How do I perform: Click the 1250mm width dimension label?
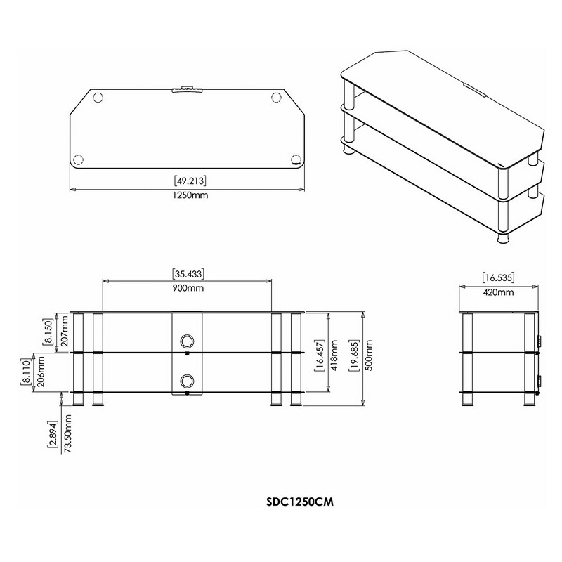pos(190,195)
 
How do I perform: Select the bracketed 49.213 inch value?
pos(190,181)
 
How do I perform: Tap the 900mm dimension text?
pos(188,288)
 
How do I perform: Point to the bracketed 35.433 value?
pos(188,274)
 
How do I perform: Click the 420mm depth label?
pos(498,292)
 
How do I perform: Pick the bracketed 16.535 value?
pos(498,277)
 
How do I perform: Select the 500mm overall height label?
pos(370,355)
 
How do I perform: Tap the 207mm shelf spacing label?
pos(64,331)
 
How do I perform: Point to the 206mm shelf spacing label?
pos(41,372)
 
